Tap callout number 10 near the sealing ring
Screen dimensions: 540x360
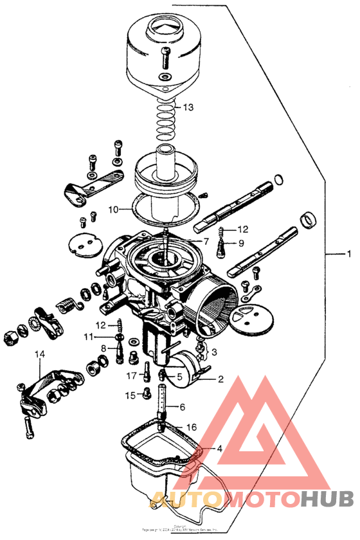113,210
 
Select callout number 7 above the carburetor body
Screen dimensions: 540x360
206,242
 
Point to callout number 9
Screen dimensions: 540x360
242,243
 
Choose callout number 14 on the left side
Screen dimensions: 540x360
40,354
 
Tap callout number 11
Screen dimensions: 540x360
88,336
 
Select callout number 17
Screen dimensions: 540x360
131,375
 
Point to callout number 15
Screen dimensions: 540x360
130,395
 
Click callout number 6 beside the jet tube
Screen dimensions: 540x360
183,407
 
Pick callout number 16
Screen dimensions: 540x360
191,427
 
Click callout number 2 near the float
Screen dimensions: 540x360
221,379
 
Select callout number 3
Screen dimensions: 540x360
215,352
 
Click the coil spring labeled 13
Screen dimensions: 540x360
165,116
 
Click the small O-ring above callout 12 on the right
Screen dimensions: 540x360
279,179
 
